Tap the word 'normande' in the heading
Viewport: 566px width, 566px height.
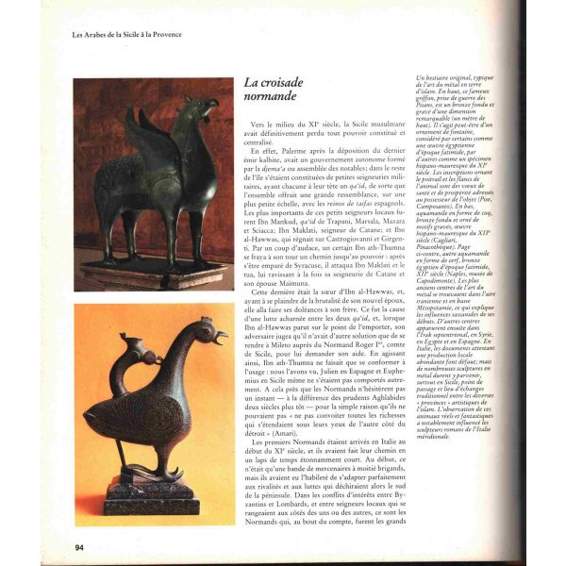click(x=271, y=98)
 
